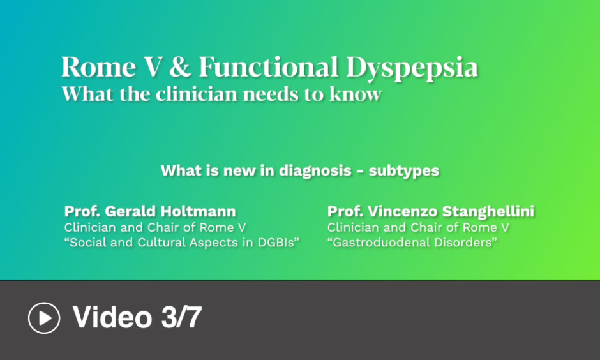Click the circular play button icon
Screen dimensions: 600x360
click(44, 318)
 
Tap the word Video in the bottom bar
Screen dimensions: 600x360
click(112, 317)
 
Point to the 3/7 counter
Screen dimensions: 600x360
click(181, 317)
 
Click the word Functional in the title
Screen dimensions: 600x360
click(269, 67)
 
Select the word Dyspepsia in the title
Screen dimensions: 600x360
click(412, 68)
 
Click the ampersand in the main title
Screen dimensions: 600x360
click(180, 67)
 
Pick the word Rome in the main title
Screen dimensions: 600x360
click(99, 67)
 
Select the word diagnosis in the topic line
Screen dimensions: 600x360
click(315, 171)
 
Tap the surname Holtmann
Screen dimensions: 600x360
click(198, 211)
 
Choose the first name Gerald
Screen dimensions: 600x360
click(130, 211)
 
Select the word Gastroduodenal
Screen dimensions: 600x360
click(384, 243)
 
